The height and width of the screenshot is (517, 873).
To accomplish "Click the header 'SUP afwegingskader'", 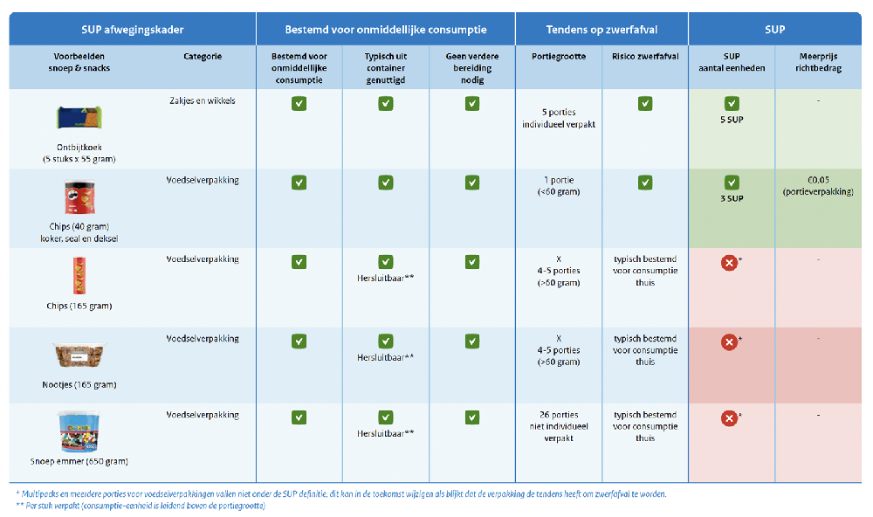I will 133,29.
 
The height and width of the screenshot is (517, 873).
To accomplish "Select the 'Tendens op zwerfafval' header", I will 601,29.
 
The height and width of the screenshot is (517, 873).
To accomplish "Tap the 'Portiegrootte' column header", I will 559,57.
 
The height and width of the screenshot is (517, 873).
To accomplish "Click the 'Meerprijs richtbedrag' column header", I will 818,62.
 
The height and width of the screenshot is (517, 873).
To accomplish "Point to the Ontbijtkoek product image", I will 79,118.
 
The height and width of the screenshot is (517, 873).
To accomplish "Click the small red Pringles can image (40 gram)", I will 79,198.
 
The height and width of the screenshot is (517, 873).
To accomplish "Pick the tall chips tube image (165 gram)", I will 79,276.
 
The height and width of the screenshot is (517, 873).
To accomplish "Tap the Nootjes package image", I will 79,355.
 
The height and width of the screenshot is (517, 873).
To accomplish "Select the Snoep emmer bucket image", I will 79,431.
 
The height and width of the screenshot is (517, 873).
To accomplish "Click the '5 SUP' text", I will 732,120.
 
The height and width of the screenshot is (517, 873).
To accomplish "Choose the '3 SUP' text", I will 732,198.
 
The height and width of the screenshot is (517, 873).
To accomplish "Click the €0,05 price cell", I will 818,185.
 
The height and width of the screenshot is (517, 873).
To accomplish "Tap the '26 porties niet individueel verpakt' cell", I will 559,426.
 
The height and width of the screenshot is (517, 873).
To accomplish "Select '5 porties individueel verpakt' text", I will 559,118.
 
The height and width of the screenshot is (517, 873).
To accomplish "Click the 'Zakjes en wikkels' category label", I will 203,101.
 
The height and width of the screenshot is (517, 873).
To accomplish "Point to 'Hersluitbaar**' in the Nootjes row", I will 385,357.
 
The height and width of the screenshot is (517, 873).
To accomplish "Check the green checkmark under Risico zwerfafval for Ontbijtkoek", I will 645,104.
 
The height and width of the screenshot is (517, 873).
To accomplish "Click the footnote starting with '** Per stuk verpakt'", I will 141,506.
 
